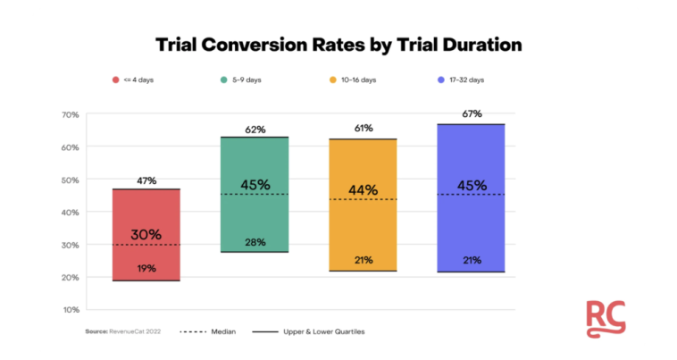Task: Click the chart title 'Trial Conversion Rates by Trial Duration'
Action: point(338,44)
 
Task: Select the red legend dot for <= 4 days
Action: point(116,80)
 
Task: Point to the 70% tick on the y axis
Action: point(71,114)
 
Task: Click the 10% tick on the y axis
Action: point(71,310)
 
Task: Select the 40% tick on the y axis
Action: point(71,212)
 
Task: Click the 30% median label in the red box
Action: point(146,235)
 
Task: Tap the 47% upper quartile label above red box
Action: point(146,180)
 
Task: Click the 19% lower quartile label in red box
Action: point(146,268)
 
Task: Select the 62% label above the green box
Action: point(255,129)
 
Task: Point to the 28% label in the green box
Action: point(255,242)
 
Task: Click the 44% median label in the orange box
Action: point(363,190)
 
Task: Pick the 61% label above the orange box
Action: point(363,130)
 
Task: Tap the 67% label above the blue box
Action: point(472,114)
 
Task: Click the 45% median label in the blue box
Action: point(472,186)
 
